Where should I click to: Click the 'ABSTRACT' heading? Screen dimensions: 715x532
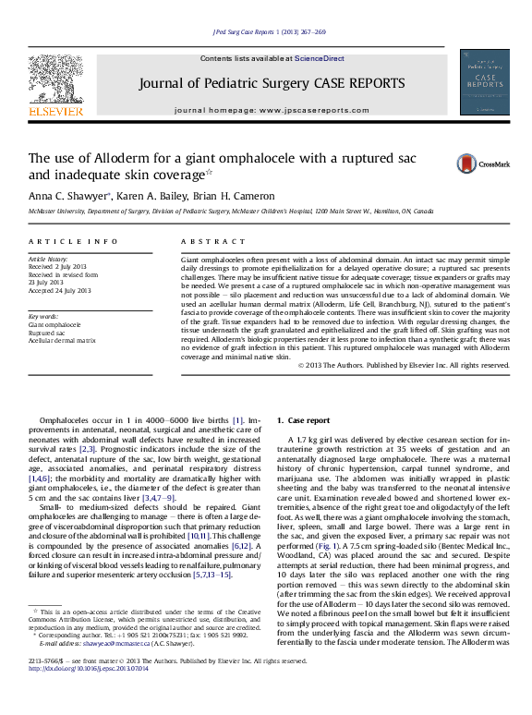coord(208,241)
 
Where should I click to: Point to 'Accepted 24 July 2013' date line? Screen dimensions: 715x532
coord(61,290)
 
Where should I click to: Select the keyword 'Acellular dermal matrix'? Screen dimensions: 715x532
coord(62,341)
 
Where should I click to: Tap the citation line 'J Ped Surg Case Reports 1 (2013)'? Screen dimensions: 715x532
coord(269,31)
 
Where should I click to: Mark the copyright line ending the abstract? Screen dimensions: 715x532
coord(405,365)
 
